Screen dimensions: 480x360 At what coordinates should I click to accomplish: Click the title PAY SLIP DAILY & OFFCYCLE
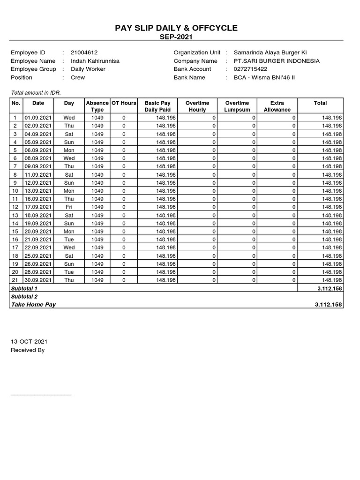click(x=176, y=29)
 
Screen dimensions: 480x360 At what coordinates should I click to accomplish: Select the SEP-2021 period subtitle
click(x=176, y=37)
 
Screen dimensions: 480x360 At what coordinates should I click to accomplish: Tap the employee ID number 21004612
click(x=84, y=53)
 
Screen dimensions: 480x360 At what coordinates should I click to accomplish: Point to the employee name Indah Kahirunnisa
click(x=95, y=61)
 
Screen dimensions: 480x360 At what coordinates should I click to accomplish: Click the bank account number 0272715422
click(x=251, y=69)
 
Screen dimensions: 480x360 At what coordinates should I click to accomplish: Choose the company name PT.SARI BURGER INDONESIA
click(x=277, y=61)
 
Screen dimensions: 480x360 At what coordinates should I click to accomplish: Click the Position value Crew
click(x=78, y=77)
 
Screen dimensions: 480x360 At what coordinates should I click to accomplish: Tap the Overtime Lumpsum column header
click(x=237, y=106)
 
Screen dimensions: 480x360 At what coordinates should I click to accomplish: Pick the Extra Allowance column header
click(x=277, y=106)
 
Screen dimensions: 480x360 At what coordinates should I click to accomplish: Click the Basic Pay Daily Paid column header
click(x=157, y=106)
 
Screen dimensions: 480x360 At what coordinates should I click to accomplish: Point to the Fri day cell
click(x=69, y=207)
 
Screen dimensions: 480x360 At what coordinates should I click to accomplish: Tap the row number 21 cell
click(x=15, y=280)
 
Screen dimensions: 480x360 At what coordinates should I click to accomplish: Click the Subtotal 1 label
click(x=24, y=288)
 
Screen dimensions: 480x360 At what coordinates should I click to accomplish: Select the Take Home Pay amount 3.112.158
click(x=329, y=305)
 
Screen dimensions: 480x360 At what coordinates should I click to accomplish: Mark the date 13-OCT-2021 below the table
click(x=29, y=342)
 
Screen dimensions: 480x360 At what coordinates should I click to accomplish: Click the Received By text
click(x=28, y=350)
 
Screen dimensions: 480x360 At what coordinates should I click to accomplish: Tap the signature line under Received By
click(x=41, y=395)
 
